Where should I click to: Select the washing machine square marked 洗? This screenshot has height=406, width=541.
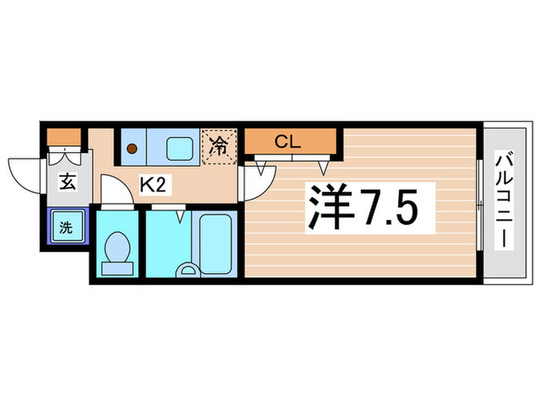[66, 227]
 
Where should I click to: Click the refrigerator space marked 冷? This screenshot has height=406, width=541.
[220, 145]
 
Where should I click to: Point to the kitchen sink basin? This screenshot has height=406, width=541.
[181, 146]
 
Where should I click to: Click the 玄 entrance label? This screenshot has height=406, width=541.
[67, 183]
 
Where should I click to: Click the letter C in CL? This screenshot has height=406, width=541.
[282, 142]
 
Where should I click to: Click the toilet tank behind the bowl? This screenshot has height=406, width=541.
[118, 268]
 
